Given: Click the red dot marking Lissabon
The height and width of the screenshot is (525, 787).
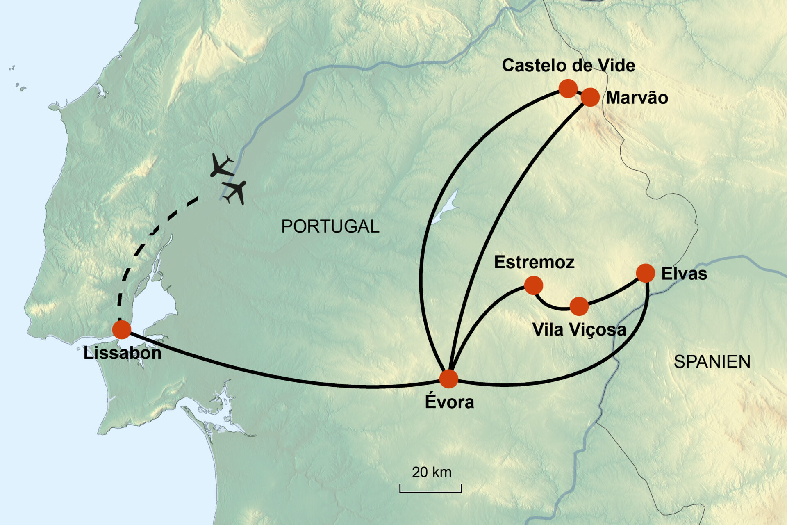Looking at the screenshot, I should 122,330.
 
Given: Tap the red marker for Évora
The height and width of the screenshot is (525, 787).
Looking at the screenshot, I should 449,379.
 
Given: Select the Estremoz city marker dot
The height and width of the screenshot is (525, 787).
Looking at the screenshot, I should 534,285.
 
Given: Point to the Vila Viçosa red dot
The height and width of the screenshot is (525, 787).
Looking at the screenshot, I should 579,306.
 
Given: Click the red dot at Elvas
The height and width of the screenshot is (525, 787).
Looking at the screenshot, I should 646,273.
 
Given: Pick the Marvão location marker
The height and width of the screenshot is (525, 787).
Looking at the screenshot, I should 590,97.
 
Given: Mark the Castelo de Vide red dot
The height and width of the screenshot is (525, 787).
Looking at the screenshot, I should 568,88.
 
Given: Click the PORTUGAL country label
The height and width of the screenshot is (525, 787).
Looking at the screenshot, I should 330,226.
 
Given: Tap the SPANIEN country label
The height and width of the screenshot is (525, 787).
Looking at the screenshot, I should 712,362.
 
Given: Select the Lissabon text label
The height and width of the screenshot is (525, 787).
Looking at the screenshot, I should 122,353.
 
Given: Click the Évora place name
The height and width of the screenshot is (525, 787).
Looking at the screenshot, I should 449,402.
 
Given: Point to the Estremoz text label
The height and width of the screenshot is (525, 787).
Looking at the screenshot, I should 534,262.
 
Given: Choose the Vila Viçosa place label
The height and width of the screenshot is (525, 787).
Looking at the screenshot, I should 579,329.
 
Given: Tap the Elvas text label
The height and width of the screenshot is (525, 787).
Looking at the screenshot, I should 684,274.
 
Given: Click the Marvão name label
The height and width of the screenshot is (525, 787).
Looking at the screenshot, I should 637,98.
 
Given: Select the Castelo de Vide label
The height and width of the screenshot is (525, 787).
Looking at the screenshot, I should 569,65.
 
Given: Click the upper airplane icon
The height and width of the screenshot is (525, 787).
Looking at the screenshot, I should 221,165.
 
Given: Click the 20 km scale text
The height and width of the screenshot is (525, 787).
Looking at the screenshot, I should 432,472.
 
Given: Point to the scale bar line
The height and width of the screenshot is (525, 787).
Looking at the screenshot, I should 430,491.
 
